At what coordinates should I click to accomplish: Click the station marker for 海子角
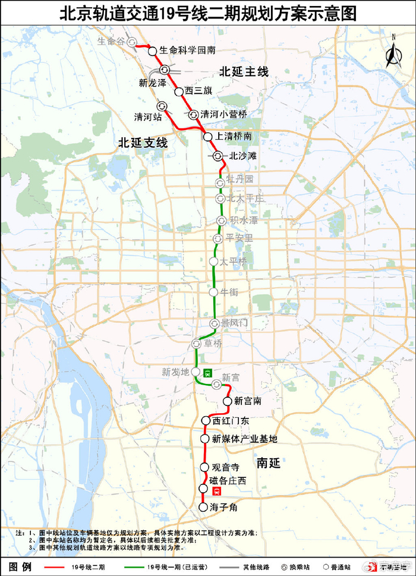pyautogui.click(x=203, y=507)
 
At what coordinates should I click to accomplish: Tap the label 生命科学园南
pyautogui.click(x=187, y=51)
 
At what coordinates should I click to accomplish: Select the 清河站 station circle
pyautogui.click(x=162, y=106)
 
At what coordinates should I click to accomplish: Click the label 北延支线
pyautogui.click(x=143, y=143)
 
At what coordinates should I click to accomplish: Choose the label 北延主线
pyautogui.click(x=244, y=72)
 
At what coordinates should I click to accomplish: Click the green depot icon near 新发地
pyautogui.click(x=207, y=373)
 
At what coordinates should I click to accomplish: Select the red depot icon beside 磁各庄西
pyautogui.click(x=217, y=491)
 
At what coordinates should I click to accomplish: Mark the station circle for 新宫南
pyautogui.click(x=227, y=401)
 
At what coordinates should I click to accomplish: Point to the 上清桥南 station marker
pyautogui.click(x=208, y=137)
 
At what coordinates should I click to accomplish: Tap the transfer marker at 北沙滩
pyautogui.click(x=217, y=156)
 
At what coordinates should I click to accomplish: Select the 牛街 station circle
pyautogui.click(x=214, y=292)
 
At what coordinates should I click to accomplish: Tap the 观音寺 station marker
pyautogui.click(x=205, y=467)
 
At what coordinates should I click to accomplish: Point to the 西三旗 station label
pyautogui.click(x=198, y=91)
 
